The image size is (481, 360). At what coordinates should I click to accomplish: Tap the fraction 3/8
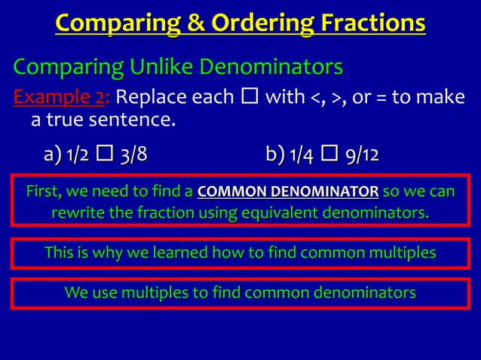(x=133, y=156)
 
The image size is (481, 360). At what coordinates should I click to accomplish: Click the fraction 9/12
(x=361, y=156)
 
